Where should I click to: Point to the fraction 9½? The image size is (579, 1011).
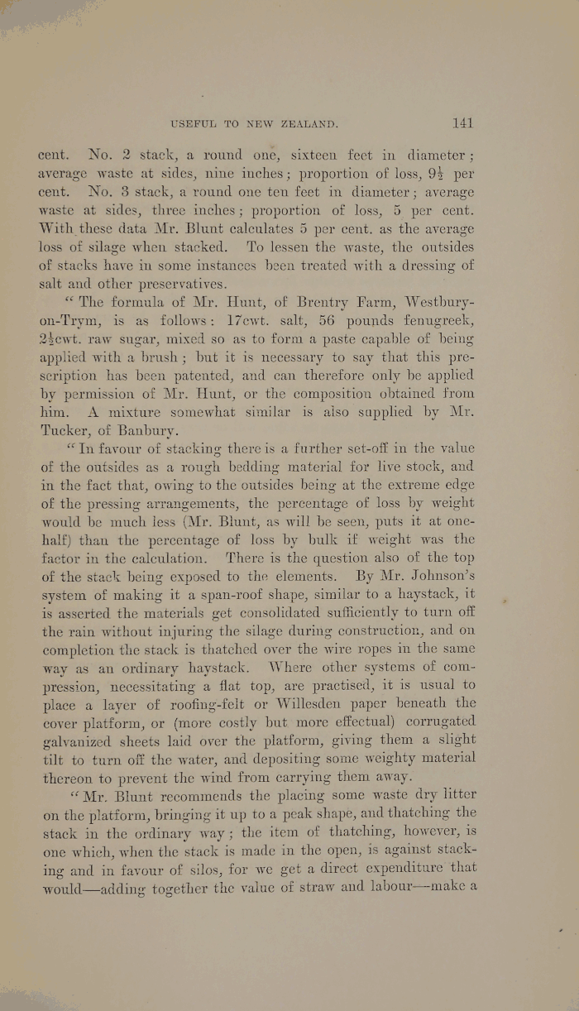(445, 174)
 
